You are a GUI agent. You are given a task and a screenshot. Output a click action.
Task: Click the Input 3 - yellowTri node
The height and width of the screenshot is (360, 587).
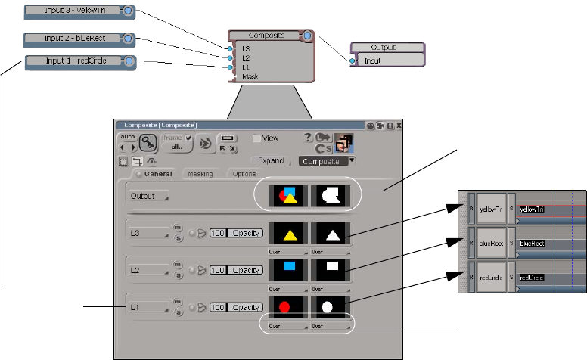73,11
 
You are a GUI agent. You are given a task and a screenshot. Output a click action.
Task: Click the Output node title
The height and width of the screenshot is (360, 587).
388,48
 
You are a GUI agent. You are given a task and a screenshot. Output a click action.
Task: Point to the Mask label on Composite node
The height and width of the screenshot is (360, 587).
250,76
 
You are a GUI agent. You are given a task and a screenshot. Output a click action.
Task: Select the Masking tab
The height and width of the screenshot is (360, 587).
200,175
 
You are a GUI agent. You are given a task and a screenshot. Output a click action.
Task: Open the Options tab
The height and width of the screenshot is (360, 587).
244,175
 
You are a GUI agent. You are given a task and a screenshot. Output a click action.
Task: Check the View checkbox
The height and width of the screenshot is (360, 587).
257,138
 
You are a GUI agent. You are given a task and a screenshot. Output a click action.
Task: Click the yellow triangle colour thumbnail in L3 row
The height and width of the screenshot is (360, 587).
287,232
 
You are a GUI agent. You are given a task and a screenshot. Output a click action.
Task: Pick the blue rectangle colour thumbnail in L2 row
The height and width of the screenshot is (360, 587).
287,268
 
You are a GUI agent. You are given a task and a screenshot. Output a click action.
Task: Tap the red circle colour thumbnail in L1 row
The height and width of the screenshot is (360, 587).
285,307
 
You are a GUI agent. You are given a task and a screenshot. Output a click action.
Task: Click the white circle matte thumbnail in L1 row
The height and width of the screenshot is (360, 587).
328,307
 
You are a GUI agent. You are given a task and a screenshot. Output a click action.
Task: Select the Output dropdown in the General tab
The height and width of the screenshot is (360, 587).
147,196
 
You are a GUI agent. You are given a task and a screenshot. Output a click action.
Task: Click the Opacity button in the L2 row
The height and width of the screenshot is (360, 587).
247,270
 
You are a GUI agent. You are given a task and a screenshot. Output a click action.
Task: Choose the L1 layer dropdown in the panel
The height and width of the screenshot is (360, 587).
147,308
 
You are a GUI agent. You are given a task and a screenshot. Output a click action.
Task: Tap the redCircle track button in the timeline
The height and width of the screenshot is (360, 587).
491,278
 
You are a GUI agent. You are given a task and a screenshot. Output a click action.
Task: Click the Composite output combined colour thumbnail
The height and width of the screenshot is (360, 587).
287,196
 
